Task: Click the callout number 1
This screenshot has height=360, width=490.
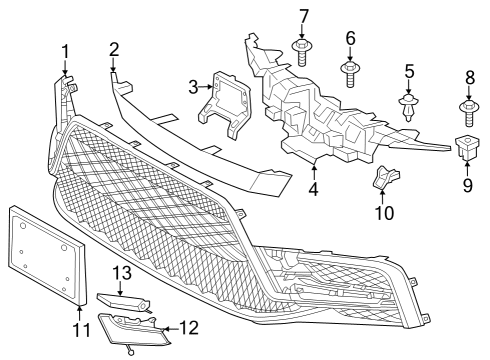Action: [65, 51]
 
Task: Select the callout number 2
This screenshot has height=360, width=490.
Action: [114, 49]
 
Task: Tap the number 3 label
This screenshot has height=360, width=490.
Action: [193, 89]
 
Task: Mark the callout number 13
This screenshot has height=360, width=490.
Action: [121, 273]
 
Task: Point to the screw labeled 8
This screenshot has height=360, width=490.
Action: [467, 106]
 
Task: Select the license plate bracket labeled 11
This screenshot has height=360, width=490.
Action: [45, 255]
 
